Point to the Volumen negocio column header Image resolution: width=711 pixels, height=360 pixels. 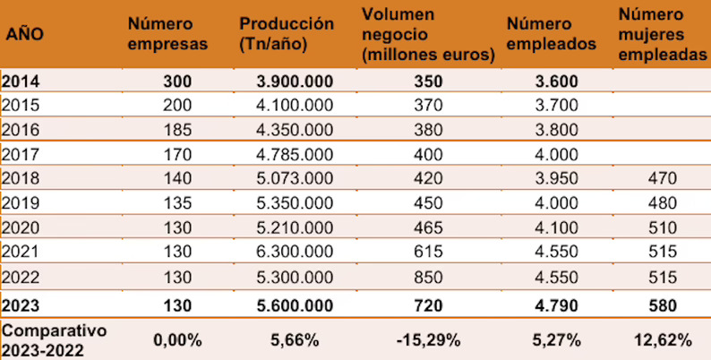tap(429, 34)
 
